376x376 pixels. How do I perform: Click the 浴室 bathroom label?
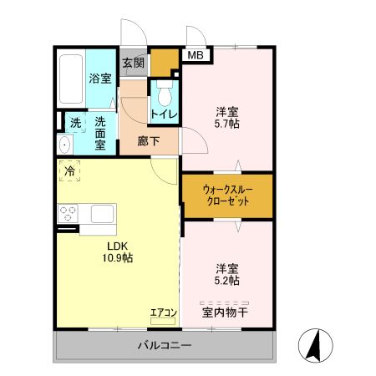point(101,79)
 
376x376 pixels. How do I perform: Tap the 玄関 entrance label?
point(133,62)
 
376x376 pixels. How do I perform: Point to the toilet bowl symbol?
point(163,90)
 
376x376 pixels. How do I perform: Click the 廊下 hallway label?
point(149,141)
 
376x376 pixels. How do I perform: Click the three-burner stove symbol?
point(67,213)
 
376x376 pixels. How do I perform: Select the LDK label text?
point(118,246)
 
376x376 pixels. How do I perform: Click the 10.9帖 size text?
point(118,258)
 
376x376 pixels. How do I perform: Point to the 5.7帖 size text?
point(227,124)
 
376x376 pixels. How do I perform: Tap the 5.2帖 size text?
point(227,281)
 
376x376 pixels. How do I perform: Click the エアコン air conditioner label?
point(163,313)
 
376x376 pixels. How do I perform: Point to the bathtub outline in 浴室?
point(70,80)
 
